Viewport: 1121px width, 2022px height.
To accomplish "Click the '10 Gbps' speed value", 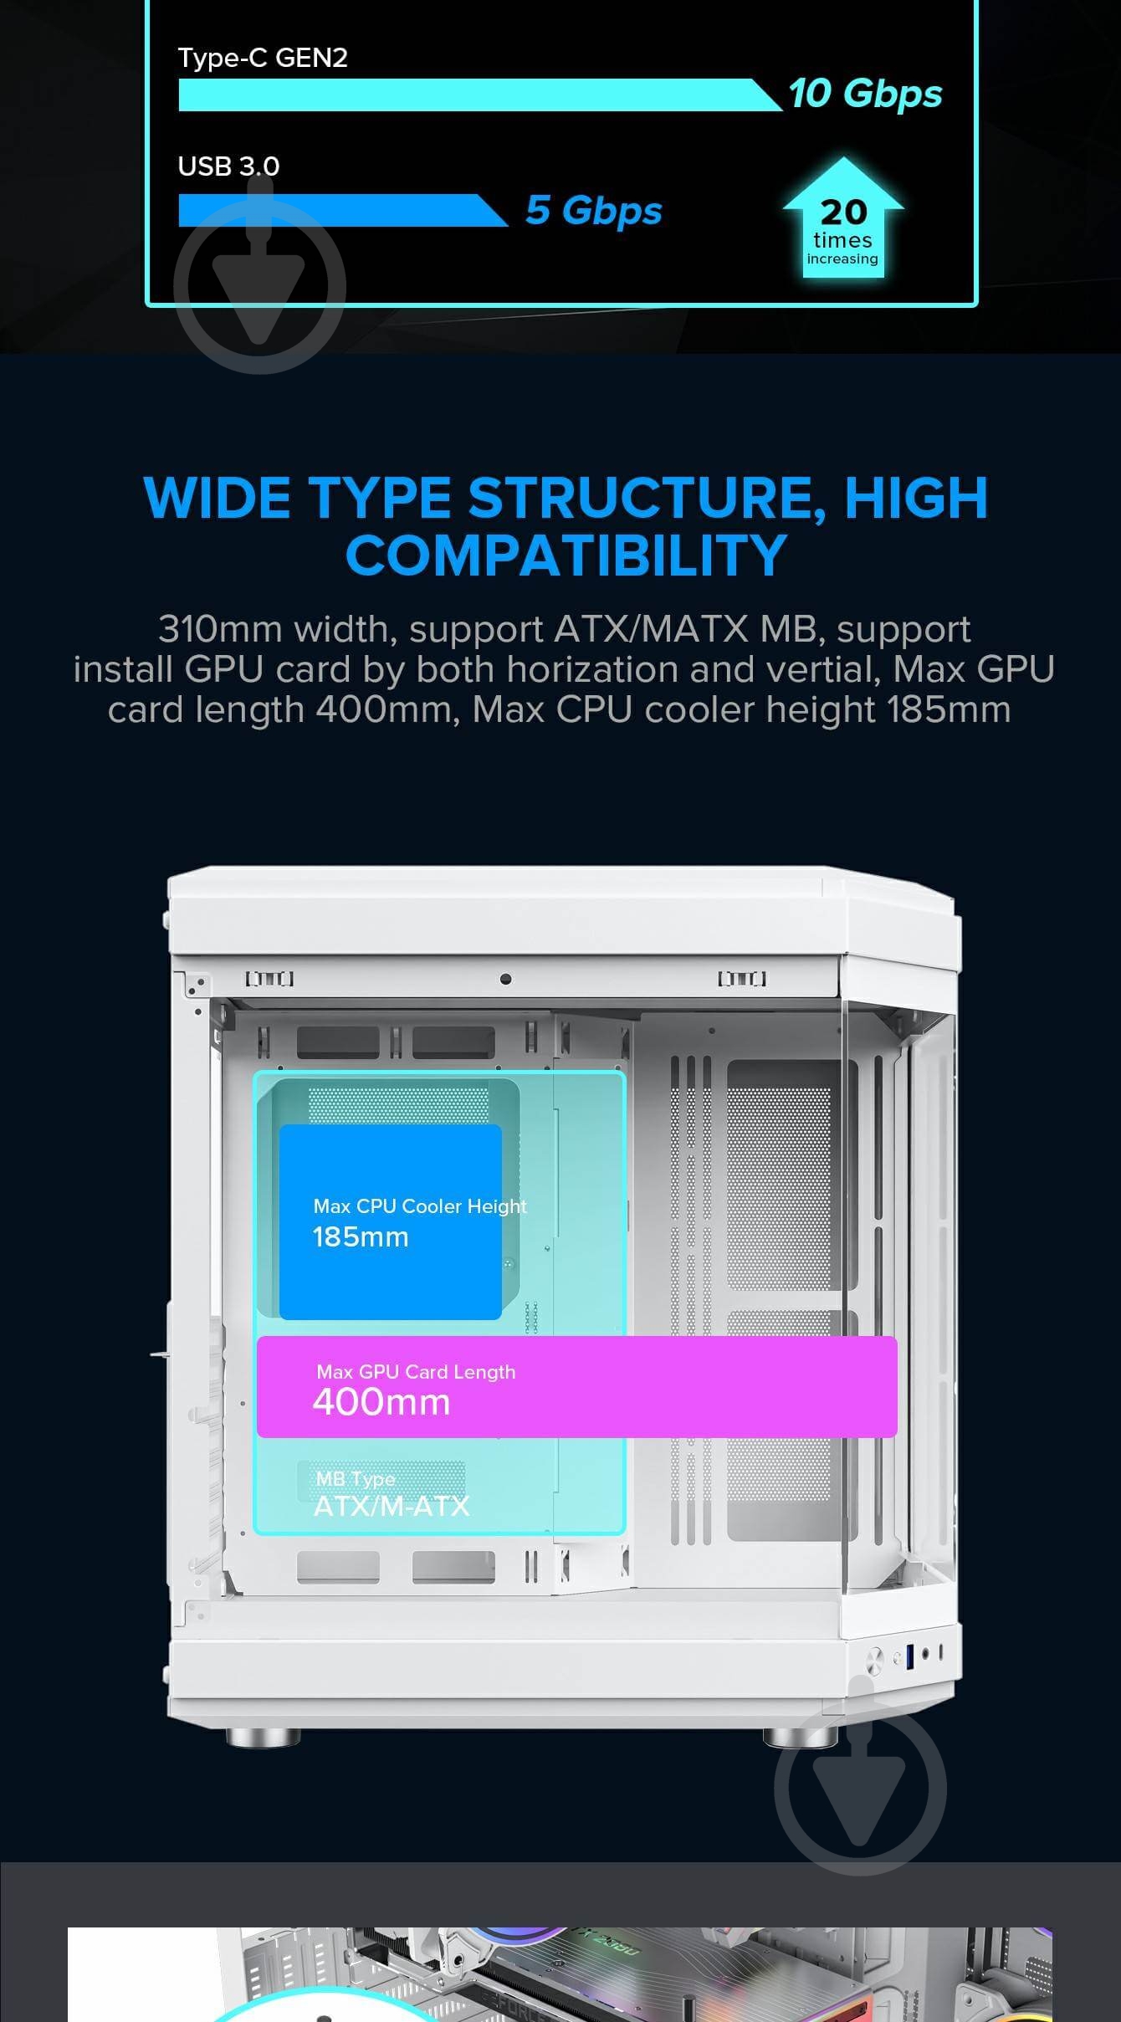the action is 865,94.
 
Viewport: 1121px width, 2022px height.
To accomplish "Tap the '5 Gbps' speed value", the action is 593,211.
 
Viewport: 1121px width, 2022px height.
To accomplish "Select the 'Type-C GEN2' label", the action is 263,58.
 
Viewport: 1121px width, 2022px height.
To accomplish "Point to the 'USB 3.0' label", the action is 228,166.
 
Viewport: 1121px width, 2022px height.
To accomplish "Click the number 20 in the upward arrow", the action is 843,212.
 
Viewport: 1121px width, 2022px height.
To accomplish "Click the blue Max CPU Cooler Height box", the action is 390,1222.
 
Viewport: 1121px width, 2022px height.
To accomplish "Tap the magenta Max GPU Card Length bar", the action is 577,1387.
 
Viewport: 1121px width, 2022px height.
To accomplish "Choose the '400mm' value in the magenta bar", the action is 381,1402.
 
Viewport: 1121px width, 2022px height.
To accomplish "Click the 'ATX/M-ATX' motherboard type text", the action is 392,1506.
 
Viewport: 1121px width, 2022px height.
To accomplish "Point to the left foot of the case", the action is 264,1738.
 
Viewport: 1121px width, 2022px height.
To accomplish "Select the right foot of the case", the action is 801,1738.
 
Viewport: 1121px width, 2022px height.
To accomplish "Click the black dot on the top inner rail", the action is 505,979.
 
